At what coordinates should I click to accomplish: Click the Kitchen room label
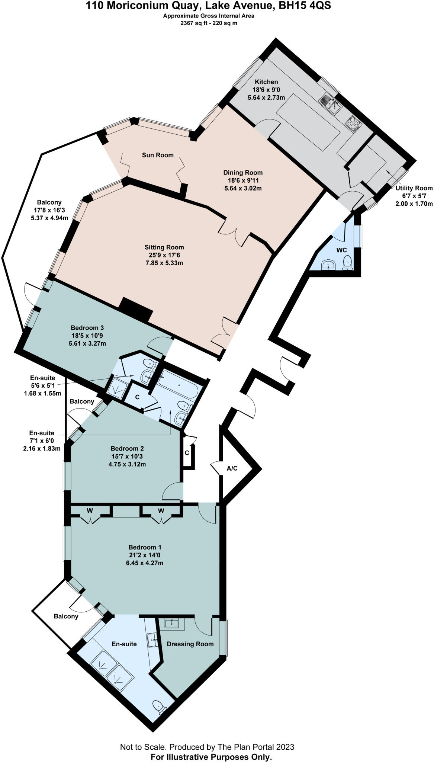pos(266,82)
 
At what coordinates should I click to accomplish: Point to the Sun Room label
pos(158,155)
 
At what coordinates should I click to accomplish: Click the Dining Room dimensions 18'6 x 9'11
pos(243,180)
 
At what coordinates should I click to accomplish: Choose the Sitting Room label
pos(164,247)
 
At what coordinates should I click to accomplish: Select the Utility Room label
pos(414,188)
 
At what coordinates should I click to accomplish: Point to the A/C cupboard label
pos(232,468)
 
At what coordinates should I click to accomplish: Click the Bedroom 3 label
pos(87,328)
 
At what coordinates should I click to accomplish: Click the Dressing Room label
pos(190,644)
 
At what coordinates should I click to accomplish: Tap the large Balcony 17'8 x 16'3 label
pos(49,202)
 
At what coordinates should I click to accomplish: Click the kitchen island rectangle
pos(309,122)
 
